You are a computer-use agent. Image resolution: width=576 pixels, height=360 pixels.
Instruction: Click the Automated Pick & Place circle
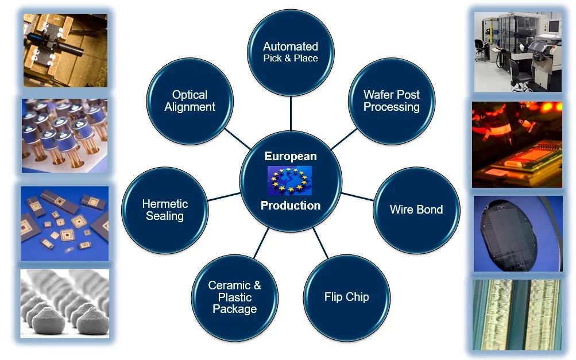coord(291,52)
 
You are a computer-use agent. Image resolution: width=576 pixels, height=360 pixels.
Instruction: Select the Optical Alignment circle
coord(190,101)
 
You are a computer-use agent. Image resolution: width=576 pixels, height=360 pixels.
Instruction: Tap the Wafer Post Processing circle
coord(392,101)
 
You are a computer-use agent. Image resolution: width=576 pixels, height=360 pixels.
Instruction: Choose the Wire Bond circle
coord(416,210)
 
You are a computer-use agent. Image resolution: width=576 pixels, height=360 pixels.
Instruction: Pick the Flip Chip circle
coord(347,297)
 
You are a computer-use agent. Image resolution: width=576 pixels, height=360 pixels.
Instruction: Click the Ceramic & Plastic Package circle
coord(235,297)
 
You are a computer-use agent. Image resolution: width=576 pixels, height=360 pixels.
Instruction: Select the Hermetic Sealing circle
coord(165,210)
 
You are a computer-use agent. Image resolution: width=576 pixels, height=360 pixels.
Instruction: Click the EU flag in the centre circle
coord(290,180)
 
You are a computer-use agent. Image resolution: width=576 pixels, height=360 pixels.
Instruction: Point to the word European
coord(291,156)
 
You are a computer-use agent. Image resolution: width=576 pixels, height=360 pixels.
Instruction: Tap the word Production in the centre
coord(291,206)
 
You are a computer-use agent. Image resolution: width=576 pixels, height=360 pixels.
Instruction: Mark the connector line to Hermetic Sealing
coord(224,196)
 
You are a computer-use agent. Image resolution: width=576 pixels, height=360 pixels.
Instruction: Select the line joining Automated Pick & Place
coord(291,114)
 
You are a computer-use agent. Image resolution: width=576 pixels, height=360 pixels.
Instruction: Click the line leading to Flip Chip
coord(320,243)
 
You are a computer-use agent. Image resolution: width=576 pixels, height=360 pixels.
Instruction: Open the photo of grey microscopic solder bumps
coord(65,303)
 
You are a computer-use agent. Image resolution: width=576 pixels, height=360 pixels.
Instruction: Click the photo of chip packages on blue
coord(65,223)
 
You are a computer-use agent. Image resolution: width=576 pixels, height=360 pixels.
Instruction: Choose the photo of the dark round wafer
coord(518,234)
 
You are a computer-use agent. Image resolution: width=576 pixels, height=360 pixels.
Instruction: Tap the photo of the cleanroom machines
coord(518,52)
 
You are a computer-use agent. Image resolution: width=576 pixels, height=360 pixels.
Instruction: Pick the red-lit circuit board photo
coord(517,144)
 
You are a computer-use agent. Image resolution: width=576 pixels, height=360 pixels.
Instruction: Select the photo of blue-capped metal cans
coord(65,136)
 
